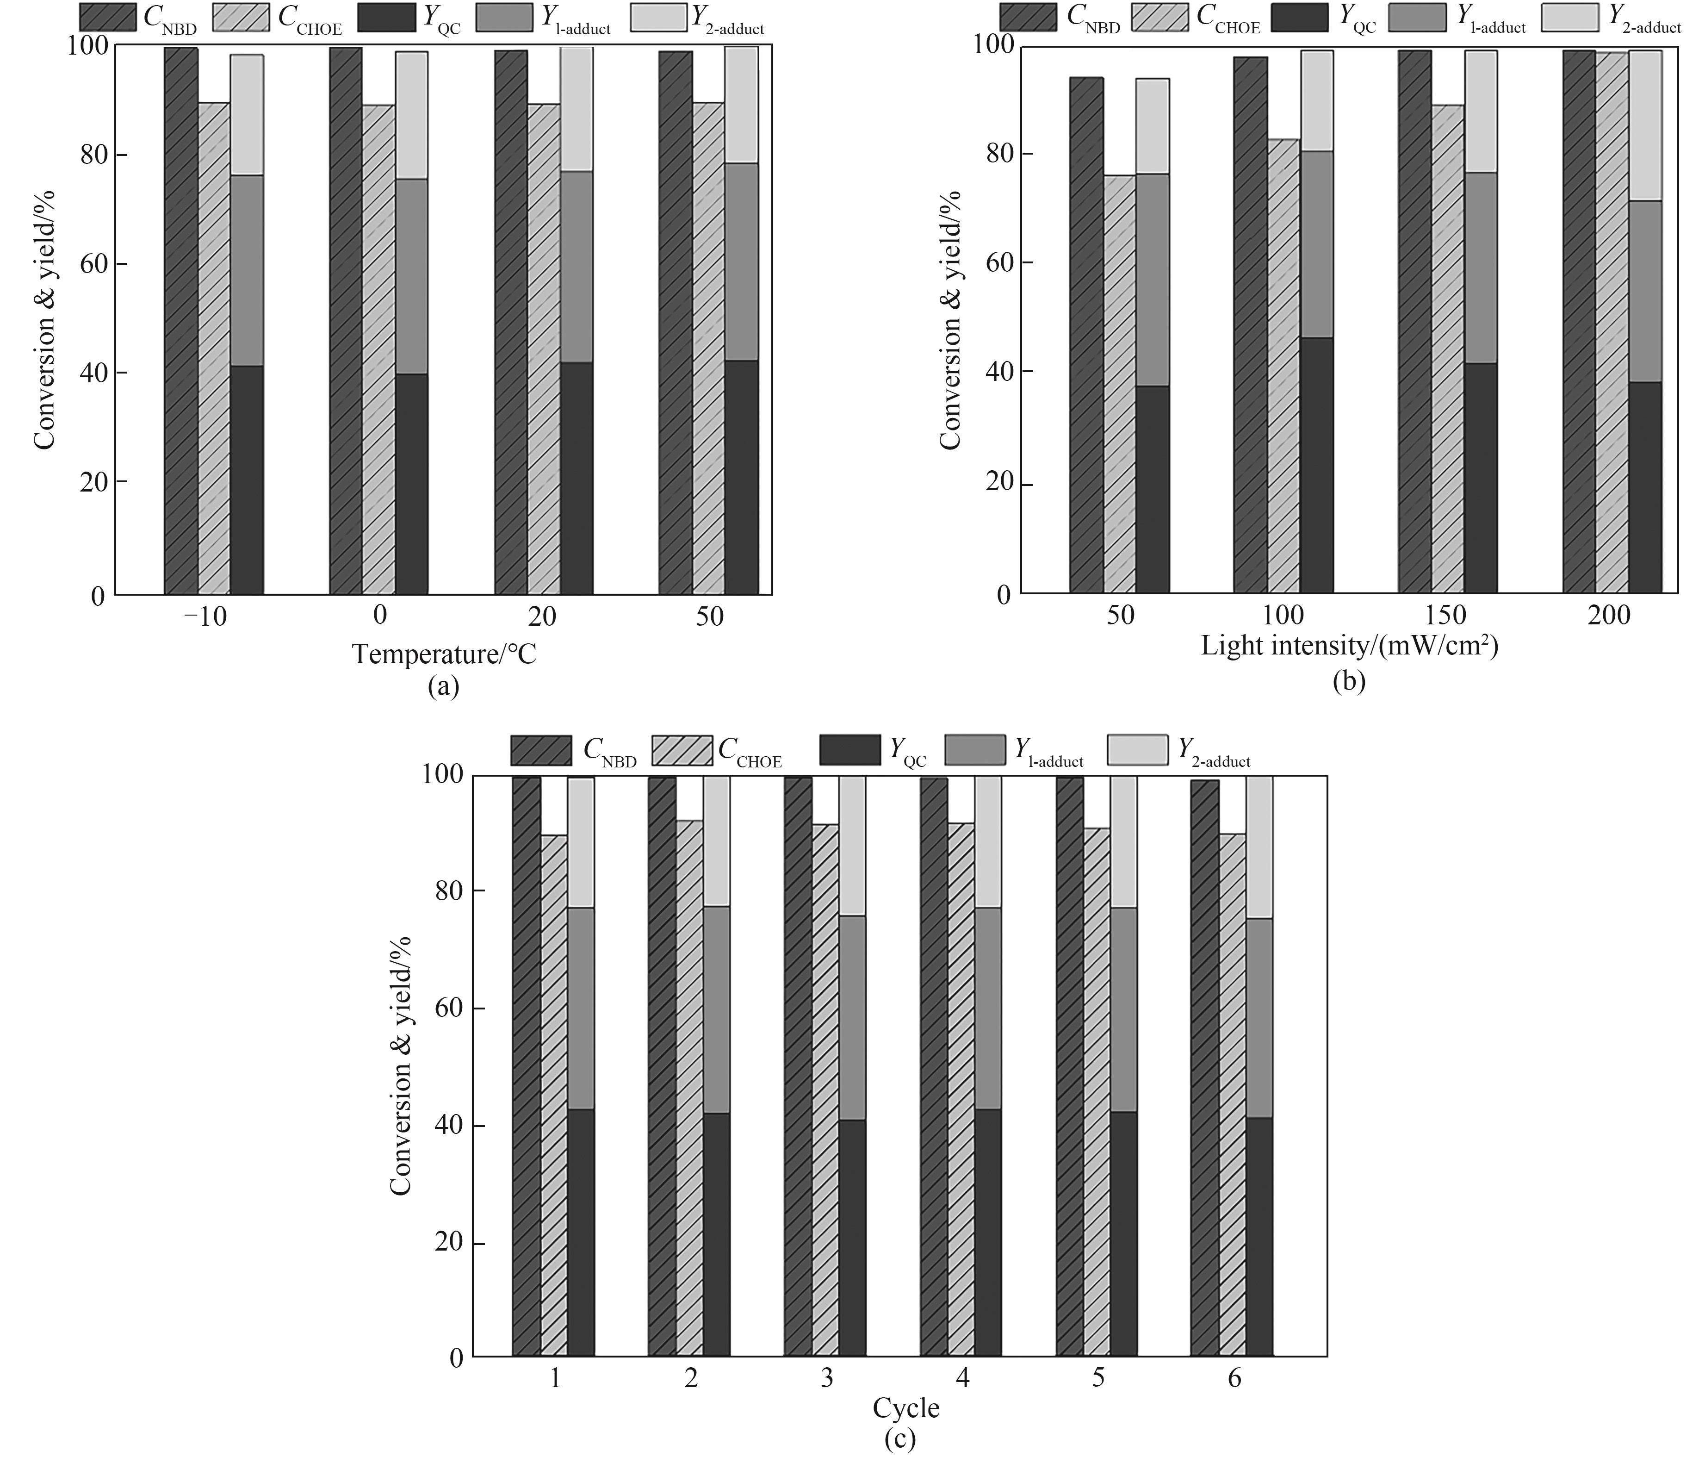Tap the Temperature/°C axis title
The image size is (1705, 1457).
[x=444, y=654]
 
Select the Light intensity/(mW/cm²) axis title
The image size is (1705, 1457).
[x=1350, y=645]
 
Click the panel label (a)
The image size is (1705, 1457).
[x=444, y=686]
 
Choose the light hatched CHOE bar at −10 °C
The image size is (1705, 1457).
[x=214, y=348]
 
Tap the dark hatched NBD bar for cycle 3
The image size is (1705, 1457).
[x=797, y=1066]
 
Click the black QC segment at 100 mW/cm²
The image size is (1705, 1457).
[x=1317, y=465]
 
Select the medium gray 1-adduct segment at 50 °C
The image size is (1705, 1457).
[x=741, y=262]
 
